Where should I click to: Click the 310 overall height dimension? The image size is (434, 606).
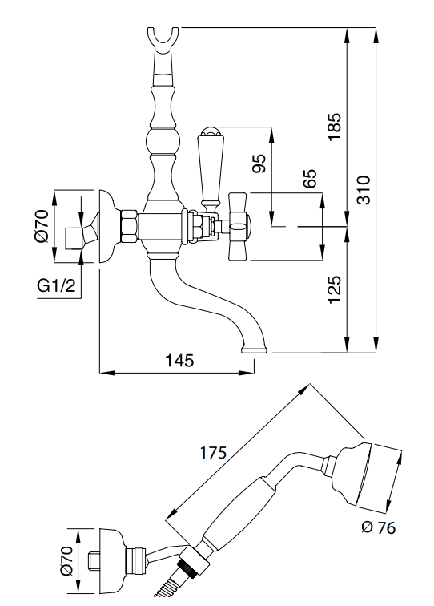[364, 189]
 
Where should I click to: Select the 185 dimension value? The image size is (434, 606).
[335, 127]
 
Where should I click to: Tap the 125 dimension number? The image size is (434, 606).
[335, 289]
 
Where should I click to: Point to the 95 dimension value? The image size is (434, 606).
[259, 163]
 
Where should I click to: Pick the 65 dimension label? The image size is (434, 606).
[309, 178]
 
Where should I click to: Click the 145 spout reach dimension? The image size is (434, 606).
[179, 360]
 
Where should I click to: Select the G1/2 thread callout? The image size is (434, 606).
[56, 286]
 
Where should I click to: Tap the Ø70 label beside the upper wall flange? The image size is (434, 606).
[42, 226]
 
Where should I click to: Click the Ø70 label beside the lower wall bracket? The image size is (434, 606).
[66, 560]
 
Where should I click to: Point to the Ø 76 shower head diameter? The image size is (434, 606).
[379, 527]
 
